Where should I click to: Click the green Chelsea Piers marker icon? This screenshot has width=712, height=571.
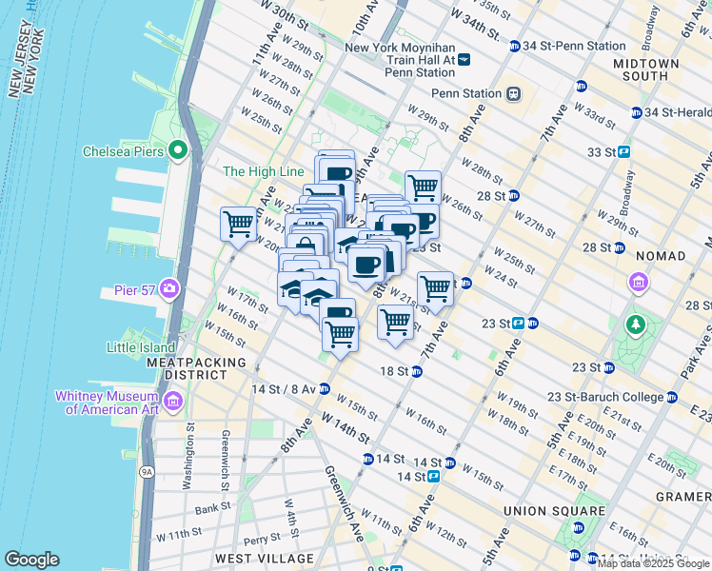coord(177,150)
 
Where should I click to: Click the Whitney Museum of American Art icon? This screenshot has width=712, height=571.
coord(172,402)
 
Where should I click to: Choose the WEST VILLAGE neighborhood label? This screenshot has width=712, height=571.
coord(265,558)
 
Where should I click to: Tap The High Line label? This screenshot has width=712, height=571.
coord(263,171)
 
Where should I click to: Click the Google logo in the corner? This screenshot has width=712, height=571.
coord(32,560)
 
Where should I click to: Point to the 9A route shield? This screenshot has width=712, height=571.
coord(146,470)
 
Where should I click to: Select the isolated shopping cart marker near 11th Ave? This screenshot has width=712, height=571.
coord(238,225)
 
